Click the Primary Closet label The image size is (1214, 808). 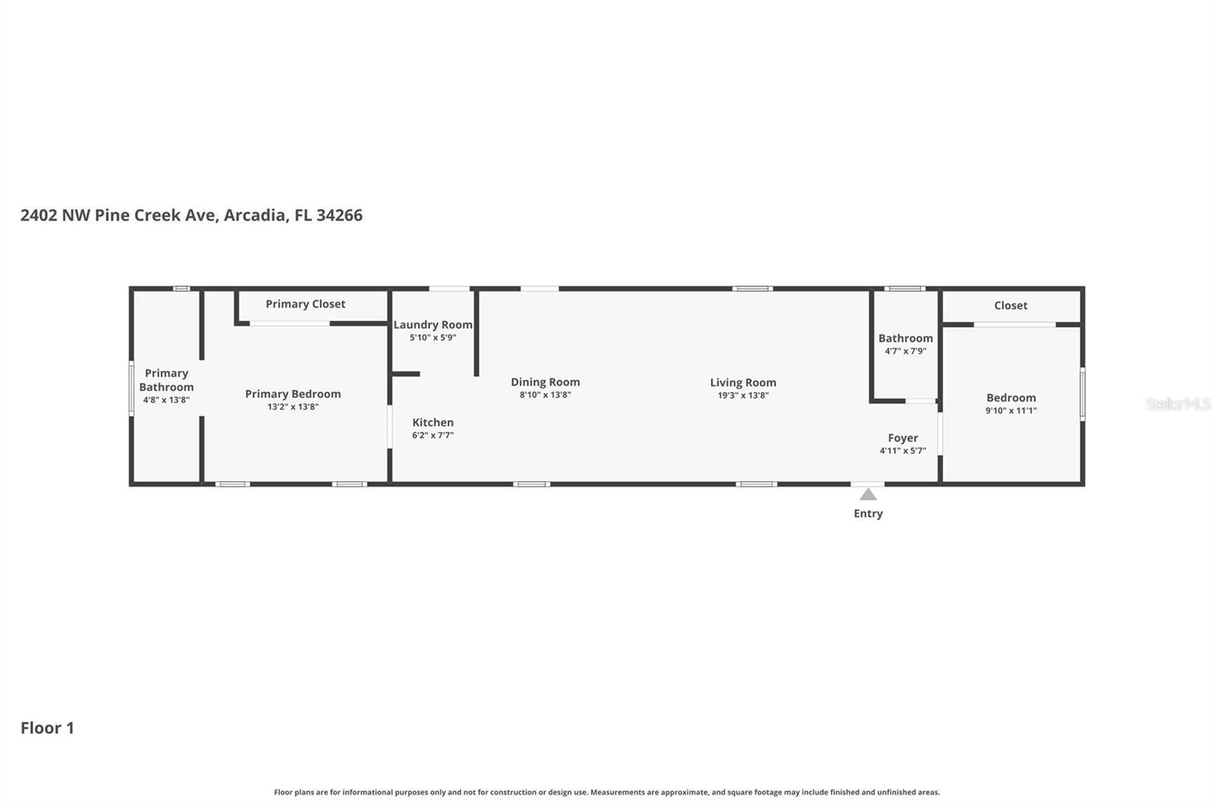305,304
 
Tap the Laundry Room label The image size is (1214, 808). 432,324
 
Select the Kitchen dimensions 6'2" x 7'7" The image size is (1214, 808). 432,436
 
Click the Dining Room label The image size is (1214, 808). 545,382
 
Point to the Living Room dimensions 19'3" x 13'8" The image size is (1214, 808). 743,396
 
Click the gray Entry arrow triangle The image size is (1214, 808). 868,495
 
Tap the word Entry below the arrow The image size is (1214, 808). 868,514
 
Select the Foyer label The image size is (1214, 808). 903,438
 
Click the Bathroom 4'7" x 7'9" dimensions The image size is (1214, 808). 905,352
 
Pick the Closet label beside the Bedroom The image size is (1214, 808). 1011,305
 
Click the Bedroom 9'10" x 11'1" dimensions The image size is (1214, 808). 1011,411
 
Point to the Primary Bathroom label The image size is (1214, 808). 166,380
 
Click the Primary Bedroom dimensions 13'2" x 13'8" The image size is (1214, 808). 293,407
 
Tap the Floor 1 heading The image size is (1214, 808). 47,728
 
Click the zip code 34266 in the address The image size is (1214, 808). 339,215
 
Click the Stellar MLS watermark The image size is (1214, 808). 1178,404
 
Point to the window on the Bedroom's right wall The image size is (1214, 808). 1082,393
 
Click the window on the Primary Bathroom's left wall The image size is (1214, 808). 131,387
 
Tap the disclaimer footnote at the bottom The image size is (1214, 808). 607,792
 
